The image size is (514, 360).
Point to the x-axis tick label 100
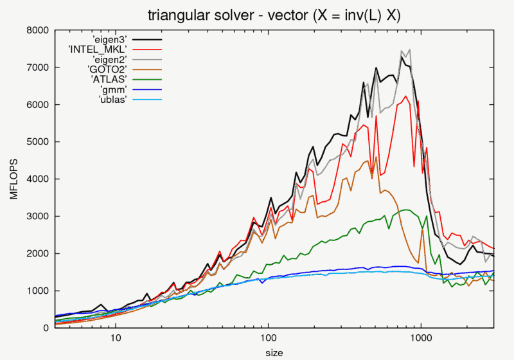(268, 337)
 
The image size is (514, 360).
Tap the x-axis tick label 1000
(421, 337)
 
